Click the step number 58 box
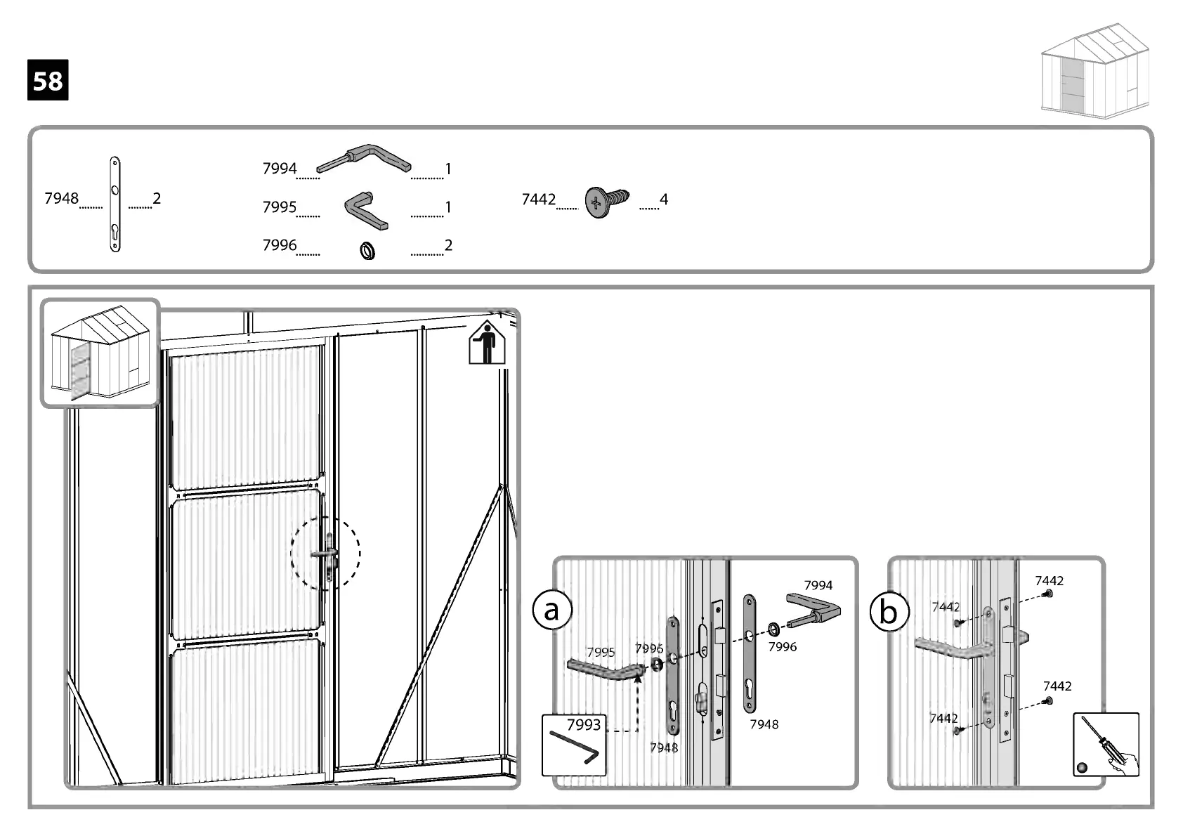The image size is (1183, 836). point(48,80)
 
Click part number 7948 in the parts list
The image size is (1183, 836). point(61,199)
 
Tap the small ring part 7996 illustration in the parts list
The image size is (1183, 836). point(367,250)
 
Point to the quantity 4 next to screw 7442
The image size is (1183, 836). point(663,200)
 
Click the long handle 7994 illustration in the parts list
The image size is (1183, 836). point(363,159)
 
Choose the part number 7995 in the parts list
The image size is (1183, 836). point(280,207)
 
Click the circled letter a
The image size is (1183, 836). point(552,610)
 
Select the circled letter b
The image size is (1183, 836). point(889,612)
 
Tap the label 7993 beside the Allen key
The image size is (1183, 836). point(584,724)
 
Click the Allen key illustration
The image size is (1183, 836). point(573,748)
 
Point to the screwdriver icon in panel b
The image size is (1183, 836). point(1106,745)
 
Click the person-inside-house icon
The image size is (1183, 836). point(487,343)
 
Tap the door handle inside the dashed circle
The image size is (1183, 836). point(326,554)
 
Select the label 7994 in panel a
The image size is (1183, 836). point(818,585)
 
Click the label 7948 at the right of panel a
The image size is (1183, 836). point(764,724)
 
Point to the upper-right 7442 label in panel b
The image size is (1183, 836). point(1049,581)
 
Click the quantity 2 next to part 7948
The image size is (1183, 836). point(157,199)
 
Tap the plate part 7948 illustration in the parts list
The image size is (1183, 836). point(115,204)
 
